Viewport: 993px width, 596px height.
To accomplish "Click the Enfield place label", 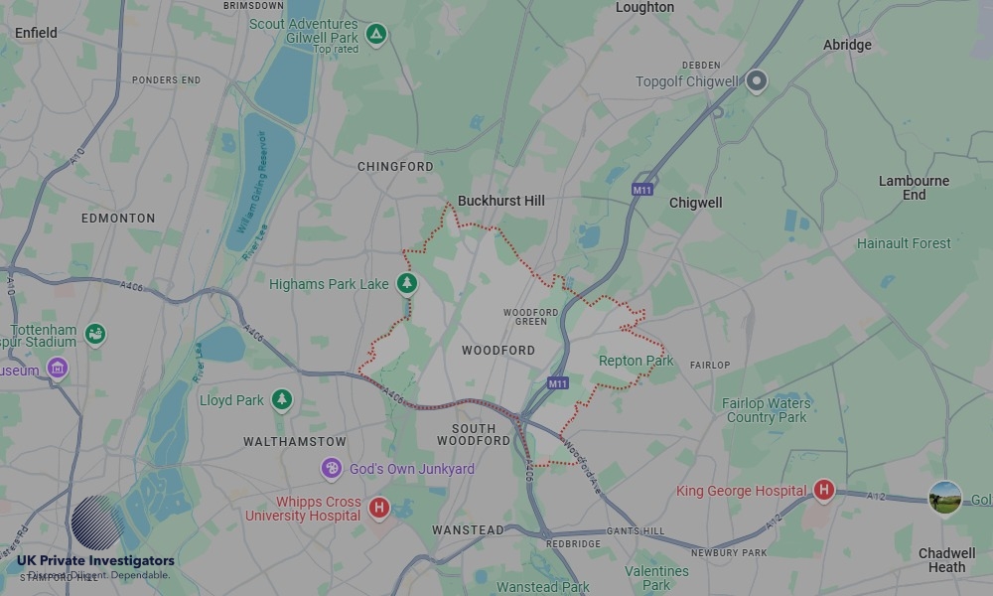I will (x=36, y=33).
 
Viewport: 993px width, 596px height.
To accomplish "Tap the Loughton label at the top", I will (x=644, y=8).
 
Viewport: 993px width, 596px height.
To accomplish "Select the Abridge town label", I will (x=847, y=45).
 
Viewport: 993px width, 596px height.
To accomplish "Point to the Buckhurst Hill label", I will (x=501, y=201).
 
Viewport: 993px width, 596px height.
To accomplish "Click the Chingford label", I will (x=395, y=167).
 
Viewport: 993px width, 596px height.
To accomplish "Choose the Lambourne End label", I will (x=914, y=188).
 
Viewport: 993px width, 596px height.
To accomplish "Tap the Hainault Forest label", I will (x=904, y=243).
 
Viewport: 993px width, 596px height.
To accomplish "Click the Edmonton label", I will (x=118, y=218).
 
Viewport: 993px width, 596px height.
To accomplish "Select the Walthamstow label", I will (x=295, y=441).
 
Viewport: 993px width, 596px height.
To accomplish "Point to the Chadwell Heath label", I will (x=946, y=560).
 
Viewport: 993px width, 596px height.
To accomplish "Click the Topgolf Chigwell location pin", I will (x=757, y=81).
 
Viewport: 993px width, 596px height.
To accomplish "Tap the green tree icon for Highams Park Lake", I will (x=407, y=284).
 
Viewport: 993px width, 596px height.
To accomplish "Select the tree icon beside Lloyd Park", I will (x=283, y=399).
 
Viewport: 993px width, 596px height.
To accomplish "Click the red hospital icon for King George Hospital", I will (x=823, y=490).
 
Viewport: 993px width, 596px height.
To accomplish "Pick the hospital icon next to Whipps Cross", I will (x=378, y=509).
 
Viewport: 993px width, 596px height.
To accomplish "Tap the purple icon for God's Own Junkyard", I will (x=332, y=469).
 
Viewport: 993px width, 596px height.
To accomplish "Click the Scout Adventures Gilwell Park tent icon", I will (x=375, y=35).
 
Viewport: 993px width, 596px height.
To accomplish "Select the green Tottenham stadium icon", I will (x=95, y=334).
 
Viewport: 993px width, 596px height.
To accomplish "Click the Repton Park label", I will (x=636, y=361).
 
